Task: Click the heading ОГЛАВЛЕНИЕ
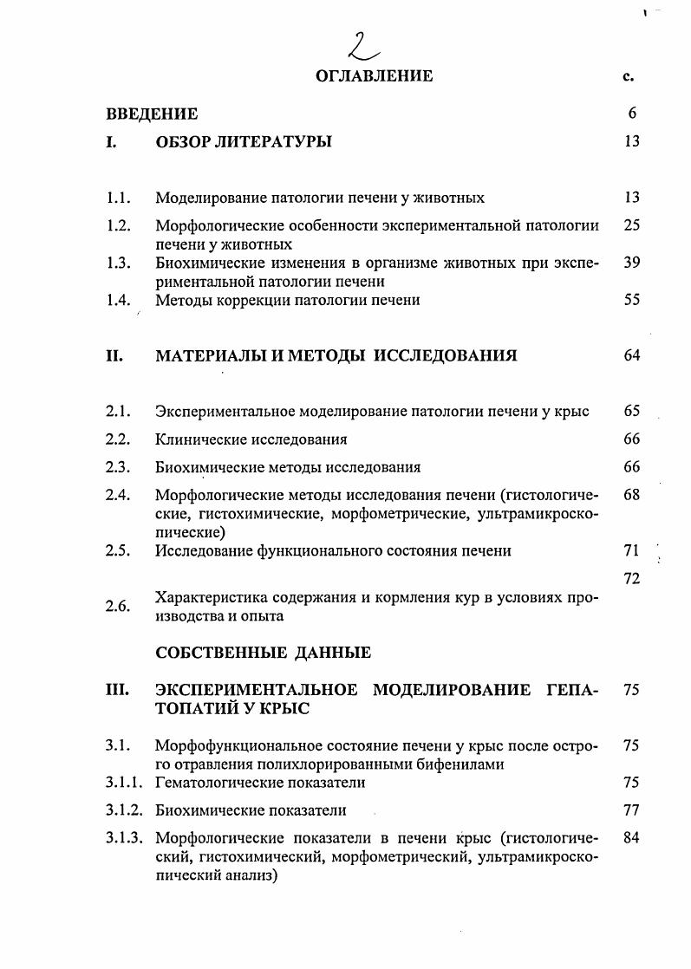point(375,76)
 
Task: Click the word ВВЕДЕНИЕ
point(152,114)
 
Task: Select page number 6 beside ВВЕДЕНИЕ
point(632,114)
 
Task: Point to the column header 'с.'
point(629,76)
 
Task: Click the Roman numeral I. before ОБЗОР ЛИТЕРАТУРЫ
point(112,141)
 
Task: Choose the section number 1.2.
point(118,225)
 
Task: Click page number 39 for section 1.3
point(631,263)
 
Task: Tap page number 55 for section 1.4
point(631,300)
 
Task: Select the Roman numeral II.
point(115,355)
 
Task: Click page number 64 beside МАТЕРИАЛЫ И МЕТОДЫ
point(631,355)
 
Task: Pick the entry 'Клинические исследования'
point(251,439)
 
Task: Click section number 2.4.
point(118,495)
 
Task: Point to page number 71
point(631,550)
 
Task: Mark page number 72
point(631,578)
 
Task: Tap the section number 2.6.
point(118,607)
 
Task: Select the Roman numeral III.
point(117,690)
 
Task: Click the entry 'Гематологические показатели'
point(260,783)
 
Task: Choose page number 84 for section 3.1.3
point(631,838)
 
